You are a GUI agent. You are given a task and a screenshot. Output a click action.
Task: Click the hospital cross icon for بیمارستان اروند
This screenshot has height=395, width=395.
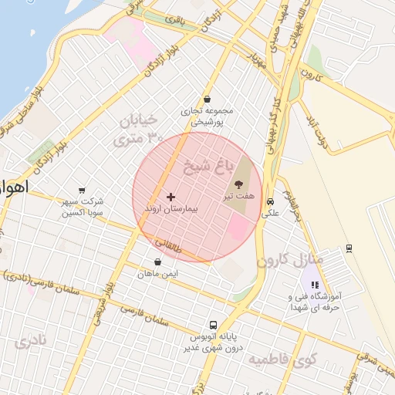point(170,197)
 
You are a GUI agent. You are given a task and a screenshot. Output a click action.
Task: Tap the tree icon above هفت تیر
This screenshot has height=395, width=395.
point(238,184)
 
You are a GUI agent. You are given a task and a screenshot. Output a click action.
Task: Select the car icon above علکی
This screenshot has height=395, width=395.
point(270,202)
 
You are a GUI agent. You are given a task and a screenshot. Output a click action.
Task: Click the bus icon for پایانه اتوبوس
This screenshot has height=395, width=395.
point(213,325)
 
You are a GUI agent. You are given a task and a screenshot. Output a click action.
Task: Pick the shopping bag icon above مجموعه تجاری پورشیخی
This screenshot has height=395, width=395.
point(207,99)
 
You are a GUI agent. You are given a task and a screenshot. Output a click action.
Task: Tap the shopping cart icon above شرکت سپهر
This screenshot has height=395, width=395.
point(82,191)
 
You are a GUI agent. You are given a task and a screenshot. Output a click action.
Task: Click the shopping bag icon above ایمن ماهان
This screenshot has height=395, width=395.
point(158,262)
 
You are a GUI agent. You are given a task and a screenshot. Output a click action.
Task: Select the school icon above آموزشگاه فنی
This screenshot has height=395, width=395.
point(313,285)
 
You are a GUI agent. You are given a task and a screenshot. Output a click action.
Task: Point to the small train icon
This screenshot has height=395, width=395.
point(349,248)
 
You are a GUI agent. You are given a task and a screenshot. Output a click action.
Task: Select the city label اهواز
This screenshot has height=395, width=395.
point(14,188)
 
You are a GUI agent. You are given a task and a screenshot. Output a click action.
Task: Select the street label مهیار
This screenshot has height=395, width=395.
point(255,60)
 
